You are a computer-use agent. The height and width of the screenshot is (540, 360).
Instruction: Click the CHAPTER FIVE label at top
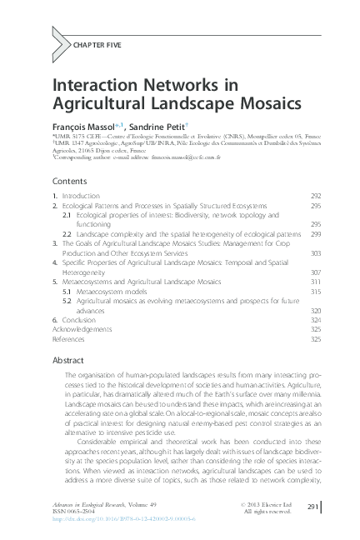[x=87, y=40]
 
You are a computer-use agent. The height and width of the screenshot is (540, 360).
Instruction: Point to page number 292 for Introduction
[x=315, y=195]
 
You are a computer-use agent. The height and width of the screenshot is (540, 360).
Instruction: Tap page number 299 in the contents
[x=315, y=234]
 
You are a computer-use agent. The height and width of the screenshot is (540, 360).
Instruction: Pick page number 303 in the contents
[x=315, y=253]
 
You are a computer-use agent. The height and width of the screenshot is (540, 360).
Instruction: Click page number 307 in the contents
[x=315, y=272]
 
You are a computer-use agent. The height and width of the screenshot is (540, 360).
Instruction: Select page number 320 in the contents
[x=315, y=310]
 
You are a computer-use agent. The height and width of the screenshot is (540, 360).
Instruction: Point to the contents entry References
[x=68, y=339]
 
